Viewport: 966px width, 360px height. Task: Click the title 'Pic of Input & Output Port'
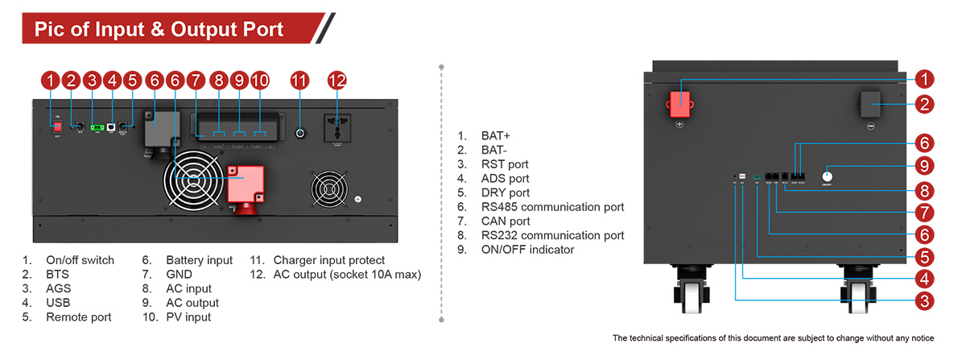coord(159,30)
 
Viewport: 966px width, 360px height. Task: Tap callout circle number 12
coord(336,81)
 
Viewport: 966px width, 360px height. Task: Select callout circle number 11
coord(299,81)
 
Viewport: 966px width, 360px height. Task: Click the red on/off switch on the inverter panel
coord(57,126)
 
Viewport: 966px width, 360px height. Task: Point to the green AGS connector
coord(97,127)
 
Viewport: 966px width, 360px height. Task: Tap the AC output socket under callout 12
coord(336,129)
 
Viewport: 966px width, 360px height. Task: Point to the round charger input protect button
coord(299,133)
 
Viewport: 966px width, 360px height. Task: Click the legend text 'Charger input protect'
coord(328,260)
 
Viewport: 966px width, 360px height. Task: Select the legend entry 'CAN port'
coord(504,221)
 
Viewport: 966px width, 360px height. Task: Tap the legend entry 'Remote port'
coord(78,317)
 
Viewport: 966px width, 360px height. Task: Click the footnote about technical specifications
coord(772,338)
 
